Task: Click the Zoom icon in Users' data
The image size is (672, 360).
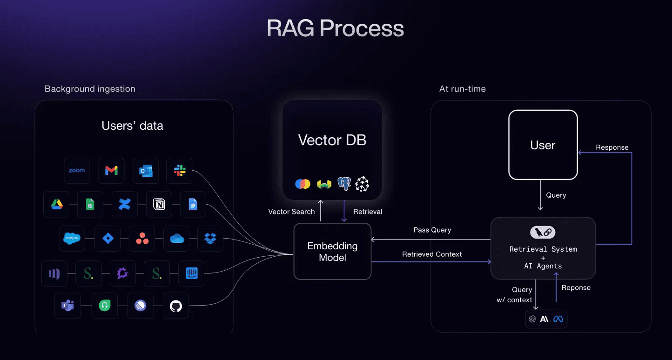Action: point(77,171)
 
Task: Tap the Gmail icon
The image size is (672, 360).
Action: point(111,171)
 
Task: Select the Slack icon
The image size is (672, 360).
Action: point(180,171)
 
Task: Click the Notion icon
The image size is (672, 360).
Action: point(159,204)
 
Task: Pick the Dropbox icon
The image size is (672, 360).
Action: point(210,239)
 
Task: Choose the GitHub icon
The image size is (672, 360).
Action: point(176,306)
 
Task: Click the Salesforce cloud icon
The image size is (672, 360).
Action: point(72,239)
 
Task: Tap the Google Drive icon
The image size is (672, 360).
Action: point(57,204)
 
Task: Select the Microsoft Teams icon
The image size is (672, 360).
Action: point(67,306)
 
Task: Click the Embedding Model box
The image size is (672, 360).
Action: point(332,252)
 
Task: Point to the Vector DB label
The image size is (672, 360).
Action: point(332,140)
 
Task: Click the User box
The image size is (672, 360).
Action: point(543,145)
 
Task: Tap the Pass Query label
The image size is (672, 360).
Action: point(432,230)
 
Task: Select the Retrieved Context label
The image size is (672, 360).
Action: point(432,254)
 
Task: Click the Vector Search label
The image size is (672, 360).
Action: point(291,212)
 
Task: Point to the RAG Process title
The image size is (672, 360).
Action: point(336,28)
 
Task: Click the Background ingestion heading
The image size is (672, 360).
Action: point(90,89)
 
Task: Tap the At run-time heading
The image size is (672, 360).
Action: point(463,89)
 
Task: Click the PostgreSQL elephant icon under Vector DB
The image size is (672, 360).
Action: point(344,184)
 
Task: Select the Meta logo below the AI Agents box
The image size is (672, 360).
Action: point(558,319)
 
